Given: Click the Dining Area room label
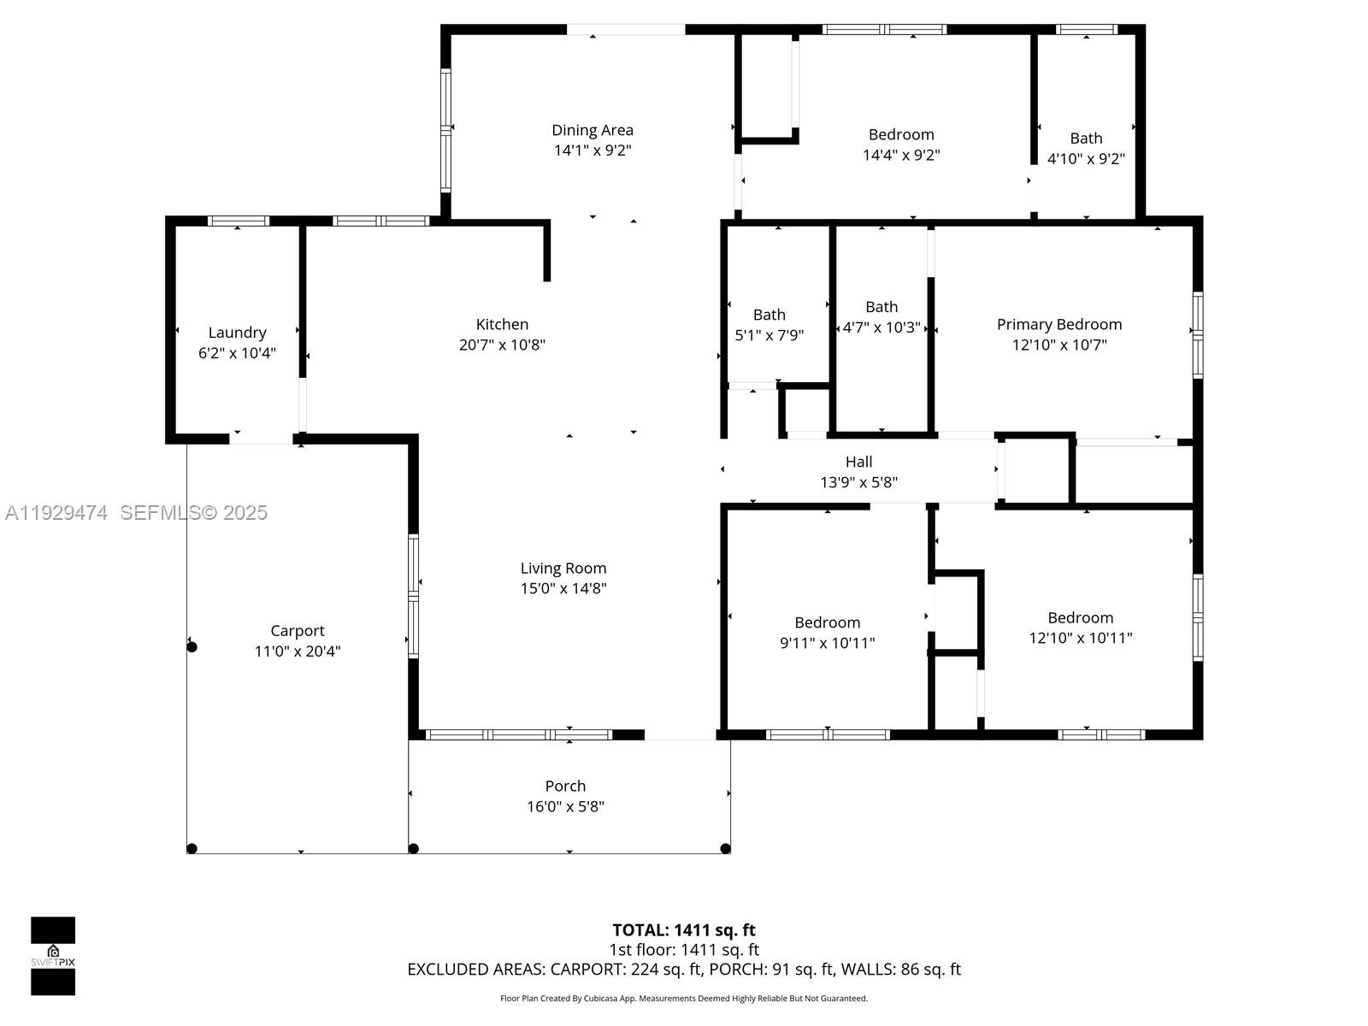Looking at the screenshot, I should click(592, 130).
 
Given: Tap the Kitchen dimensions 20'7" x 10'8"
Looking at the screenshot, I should click(502, 345).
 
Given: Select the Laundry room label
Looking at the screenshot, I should click(237, 333).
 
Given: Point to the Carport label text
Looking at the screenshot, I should click(298, 631).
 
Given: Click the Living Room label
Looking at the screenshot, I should click(563, 568).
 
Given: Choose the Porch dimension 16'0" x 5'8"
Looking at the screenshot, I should click(565, 806).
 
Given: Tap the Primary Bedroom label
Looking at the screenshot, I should click(1058, 324).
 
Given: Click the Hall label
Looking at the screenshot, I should click(858, 462).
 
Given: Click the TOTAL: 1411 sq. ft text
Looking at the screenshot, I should click(683, 929).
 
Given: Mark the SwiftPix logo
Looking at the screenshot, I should click(53, 955).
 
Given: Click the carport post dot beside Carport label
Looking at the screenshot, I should click(192, 647).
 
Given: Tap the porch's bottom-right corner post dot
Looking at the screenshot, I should click(725, 848).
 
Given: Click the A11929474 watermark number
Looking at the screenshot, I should click(56, 512).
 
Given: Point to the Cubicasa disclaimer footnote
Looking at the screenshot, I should click(683, 998).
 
